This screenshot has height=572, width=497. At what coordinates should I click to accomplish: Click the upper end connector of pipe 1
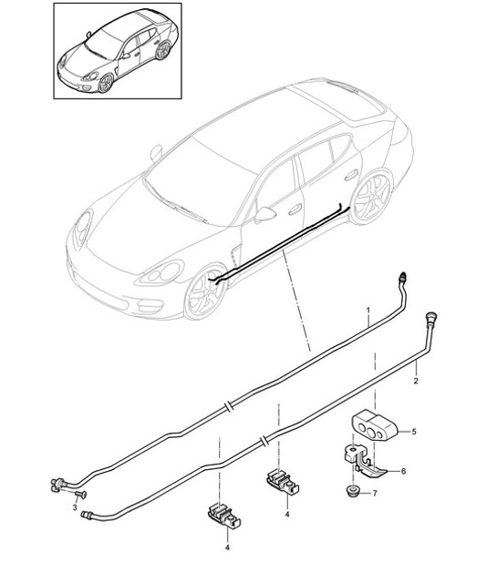403,274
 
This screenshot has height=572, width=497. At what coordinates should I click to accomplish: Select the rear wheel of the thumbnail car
164,51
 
